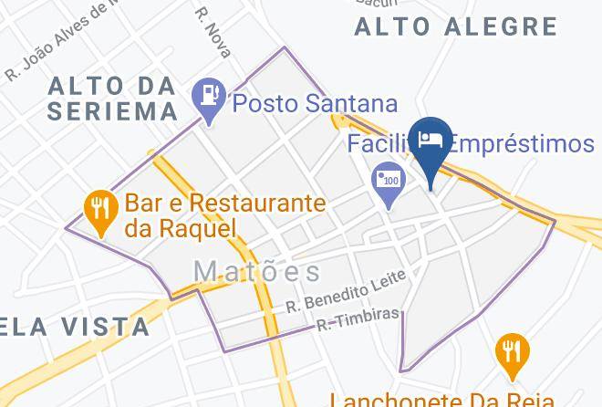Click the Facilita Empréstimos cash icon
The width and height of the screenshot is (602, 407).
389,178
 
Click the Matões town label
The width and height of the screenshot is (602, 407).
257,271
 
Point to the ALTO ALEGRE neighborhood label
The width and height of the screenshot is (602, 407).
455,26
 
